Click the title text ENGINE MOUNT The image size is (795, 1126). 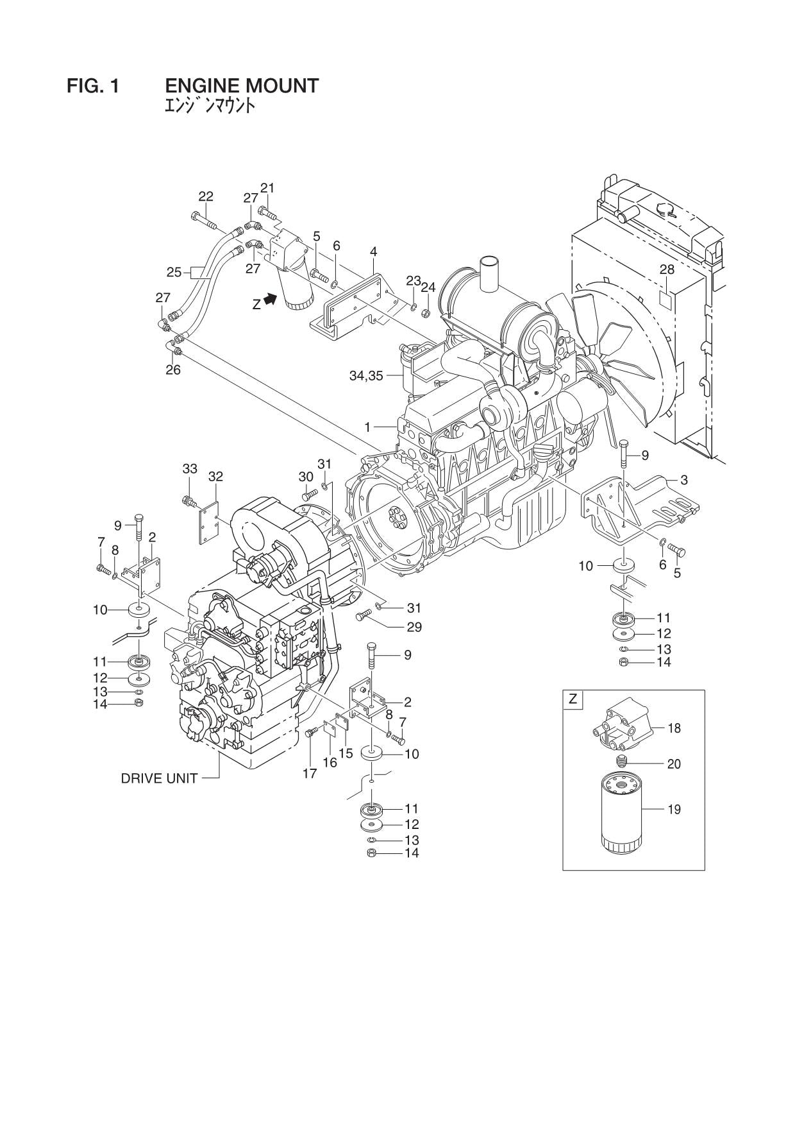[x=242, y=86]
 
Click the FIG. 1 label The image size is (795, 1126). [x=93, y=86]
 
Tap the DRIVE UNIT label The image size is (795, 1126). [x=159, y=779]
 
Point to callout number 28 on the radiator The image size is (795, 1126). [x=667, y=269]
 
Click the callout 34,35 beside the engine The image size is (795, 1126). [x=365, y=376]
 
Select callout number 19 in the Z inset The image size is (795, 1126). [x=674, y=810]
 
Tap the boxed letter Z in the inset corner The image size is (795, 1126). [x=573, y=699]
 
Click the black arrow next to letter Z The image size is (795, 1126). [x=271, y=300]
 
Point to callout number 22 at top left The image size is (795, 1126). [x=206, y=196]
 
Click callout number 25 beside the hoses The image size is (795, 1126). [x=174, y=272]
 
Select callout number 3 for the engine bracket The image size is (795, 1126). [x=684, y=480]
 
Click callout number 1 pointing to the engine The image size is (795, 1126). [x=368, y=426]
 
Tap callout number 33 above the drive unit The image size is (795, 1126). [x=190, y=469]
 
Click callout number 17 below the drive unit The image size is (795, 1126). [x=310, y=774]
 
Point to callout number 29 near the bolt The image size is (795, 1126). [x=414, y=627]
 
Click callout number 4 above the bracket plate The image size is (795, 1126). [x=373, y=252]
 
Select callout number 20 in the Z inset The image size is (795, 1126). [x=674, y=764]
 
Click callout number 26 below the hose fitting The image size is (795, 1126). [x=173, y=370]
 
